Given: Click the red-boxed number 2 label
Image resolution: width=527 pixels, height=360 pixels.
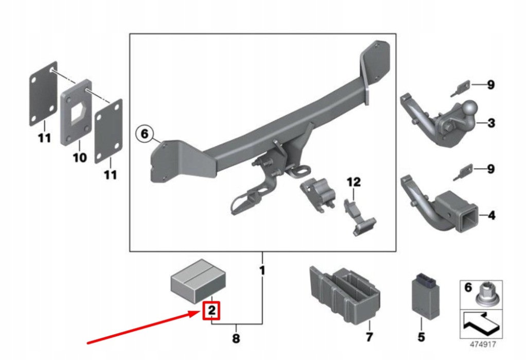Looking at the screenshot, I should pos(212,311).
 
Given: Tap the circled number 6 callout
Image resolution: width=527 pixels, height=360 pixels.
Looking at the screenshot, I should pos(145,135).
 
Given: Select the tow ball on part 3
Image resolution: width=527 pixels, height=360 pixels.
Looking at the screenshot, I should pos(469,108).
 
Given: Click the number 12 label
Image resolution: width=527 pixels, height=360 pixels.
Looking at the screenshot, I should pos(354,182).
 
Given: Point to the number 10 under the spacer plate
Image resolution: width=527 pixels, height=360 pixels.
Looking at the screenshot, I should pos(79,157).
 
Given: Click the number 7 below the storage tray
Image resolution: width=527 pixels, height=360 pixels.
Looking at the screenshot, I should pos(369,338).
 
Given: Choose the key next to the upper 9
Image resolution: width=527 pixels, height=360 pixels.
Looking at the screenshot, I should pos(461,88).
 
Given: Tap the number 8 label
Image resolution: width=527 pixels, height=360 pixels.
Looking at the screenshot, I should pos(236,339).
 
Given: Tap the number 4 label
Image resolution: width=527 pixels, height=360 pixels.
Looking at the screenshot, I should pos(491,215).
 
